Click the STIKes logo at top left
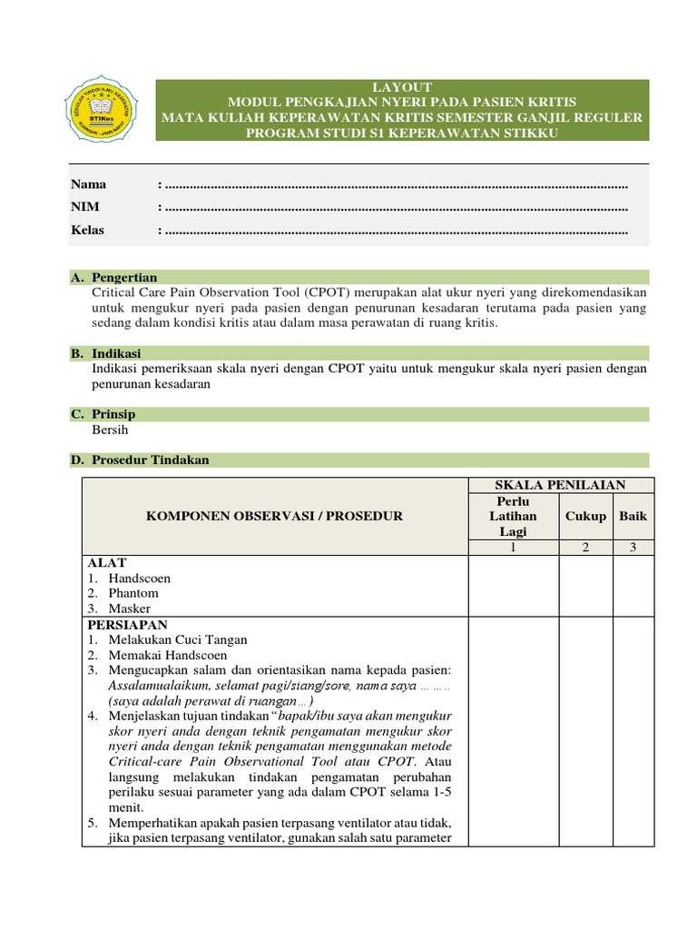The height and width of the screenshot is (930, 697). pos(101,111)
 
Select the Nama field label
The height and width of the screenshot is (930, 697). pos(88,184)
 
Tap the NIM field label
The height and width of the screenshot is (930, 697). pos(85,207)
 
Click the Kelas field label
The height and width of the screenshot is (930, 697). pos(88,230)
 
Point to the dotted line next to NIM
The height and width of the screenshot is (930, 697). pos(395,207)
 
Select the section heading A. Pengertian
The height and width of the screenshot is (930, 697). pos(113,277)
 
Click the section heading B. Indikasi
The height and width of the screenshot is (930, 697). pos(107,352)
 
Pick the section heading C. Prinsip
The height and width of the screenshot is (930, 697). pos(103,414)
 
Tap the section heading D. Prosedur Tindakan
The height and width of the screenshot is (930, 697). pos(140,460)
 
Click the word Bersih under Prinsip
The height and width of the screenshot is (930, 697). pos(111,430)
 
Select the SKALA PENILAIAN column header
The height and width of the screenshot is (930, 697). pos(560,485)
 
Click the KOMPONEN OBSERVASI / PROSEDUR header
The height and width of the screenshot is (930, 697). pos(274,516)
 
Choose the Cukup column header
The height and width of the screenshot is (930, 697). pos(585,516)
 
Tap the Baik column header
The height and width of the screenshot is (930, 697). pos(633,516)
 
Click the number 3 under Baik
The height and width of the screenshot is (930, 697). pos(633,547)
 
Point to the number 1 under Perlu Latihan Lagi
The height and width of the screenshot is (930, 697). pos(513,547)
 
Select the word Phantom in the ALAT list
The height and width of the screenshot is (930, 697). pos(133,593)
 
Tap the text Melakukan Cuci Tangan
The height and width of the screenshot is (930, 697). pos(165,639)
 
